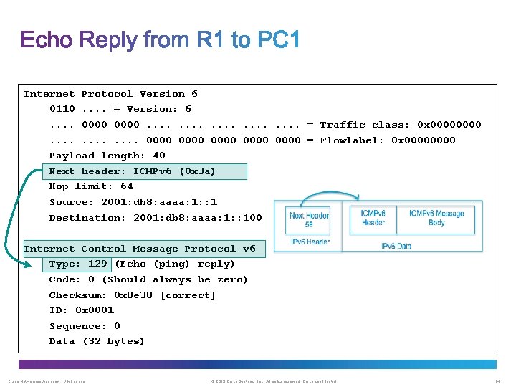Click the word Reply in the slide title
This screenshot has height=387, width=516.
pos(112,40)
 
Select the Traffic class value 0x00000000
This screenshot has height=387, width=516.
pos(449,125)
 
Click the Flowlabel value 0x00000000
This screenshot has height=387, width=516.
pos(423,140)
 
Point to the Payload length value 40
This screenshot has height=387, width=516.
pos(159,156)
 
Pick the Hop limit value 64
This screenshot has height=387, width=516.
pos(127,186)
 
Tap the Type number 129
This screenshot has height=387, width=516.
pos(97,264)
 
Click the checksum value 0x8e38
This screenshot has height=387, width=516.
pos(134,295)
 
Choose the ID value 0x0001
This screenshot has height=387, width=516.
pos(95,310)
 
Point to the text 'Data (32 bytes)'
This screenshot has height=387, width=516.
pos(97,341)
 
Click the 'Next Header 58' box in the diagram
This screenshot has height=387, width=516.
pos(309,220)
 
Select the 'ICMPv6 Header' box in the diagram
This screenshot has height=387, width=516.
pos(373,218)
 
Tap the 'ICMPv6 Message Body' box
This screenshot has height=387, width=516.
pos(436,218)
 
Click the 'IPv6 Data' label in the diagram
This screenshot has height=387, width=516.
pos(396,246)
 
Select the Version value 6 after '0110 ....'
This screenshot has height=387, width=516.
pos(188,109)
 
